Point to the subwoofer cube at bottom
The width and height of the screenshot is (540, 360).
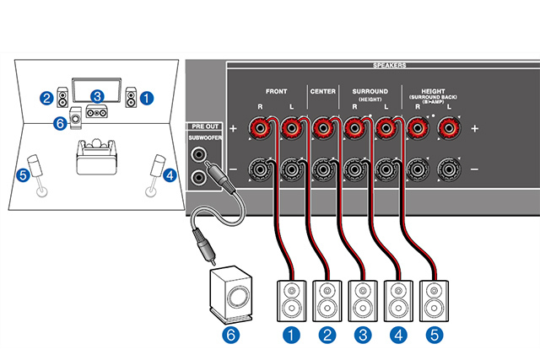click(x=231, y=295)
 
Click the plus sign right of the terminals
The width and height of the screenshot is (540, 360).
click(x=475, y=129)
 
